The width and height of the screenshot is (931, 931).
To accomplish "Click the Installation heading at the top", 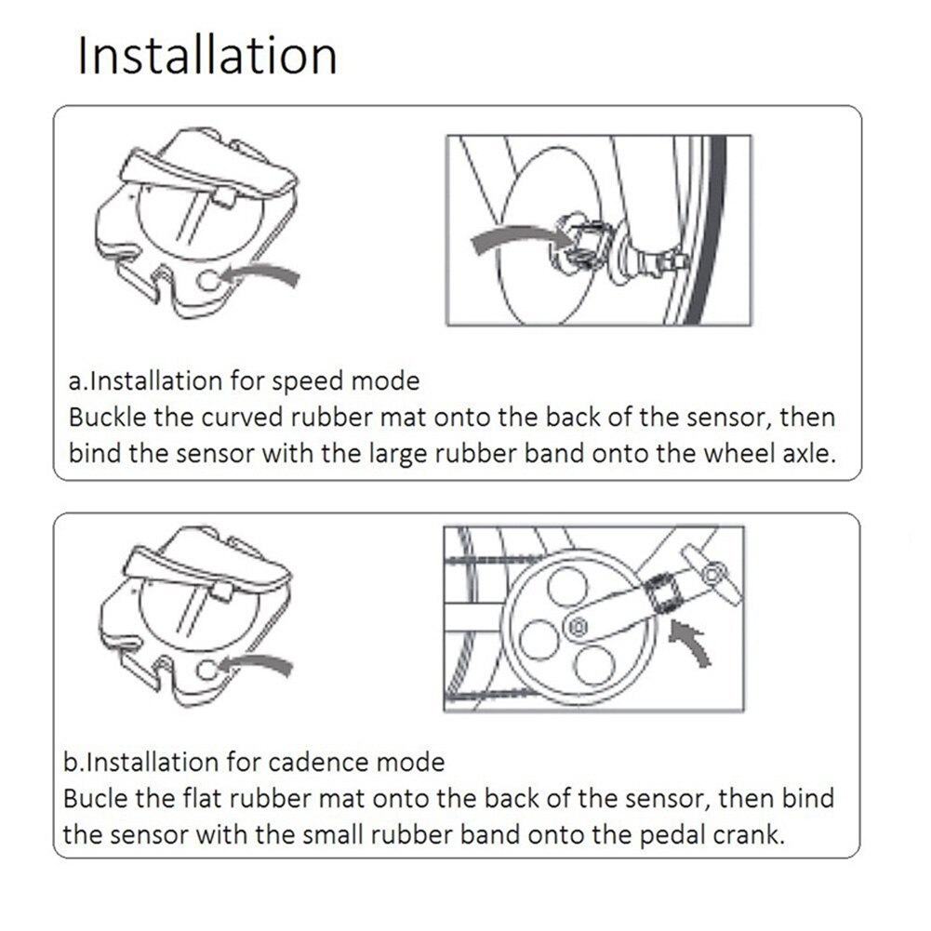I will coord(206,55).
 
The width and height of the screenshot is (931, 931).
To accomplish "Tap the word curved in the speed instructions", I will coord(244,417).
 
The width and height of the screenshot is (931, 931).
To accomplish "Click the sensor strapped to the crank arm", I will coord(663,592).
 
